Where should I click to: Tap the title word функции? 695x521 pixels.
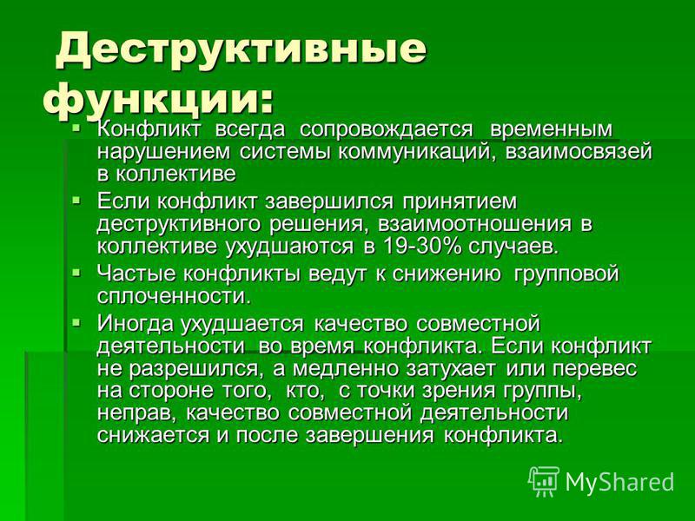(x=158, y=98)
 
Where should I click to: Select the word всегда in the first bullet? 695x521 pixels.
(x=250, y=130)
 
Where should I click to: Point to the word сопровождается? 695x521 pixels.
(x=386, y=130)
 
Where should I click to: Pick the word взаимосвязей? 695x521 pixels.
(x=579, y=152)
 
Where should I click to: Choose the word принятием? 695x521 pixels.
(x=460, y=202)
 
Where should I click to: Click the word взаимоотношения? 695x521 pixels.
(x=474, y=224)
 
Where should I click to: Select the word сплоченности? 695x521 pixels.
(x=174, y=296)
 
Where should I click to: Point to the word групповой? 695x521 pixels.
(x=566, y=274)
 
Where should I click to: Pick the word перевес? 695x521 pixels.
(x=594, y=368)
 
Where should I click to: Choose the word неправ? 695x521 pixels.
(x=137, y=413)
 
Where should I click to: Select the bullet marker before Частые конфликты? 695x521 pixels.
(x=76, y=273)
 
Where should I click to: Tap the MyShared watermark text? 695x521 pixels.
(x=619, y=482)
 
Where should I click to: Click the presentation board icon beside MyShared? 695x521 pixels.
(x=544, y=481)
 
